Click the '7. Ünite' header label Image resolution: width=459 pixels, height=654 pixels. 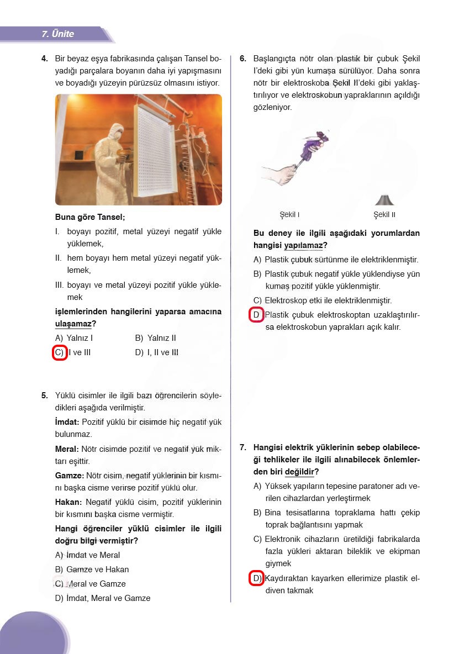tap(58, 34)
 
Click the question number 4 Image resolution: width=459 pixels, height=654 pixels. tap(44, 58)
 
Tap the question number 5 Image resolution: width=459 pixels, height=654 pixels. tap(44, 395)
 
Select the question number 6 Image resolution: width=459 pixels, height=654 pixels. tap(243, 58)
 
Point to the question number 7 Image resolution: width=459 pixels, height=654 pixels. tap(243, 447)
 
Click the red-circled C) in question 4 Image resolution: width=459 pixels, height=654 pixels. tap(60, 352)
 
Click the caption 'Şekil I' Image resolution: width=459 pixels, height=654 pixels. tap(290, 215)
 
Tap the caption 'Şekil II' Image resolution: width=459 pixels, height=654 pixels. tap(384, 215)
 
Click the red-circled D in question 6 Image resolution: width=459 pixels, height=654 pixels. tap(256, 315)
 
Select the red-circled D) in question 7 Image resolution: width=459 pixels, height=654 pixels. tap(256, 578)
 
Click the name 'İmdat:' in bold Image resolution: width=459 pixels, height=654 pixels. tap(67, 422)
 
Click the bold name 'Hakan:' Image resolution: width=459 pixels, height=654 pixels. tap(68, 502)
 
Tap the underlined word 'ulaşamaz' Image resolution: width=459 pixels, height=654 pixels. tap(73, 324)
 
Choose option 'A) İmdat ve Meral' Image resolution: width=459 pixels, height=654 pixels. tap(87, 555)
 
